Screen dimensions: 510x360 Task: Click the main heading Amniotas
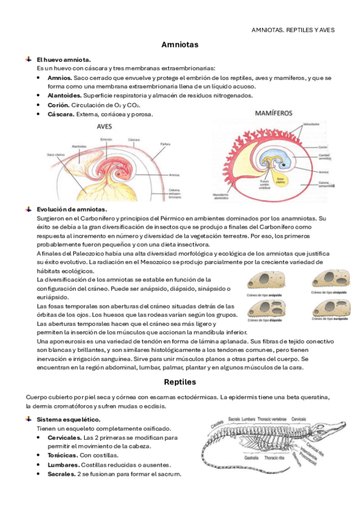(180, 45)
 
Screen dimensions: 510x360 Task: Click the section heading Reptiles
(180, 381)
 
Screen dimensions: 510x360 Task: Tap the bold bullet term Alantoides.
(64, 95)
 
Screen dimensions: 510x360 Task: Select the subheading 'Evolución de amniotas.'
(63, 209)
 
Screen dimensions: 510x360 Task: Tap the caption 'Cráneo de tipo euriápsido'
(327, 321)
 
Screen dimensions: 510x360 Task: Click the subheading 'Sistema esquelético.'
(69, 419)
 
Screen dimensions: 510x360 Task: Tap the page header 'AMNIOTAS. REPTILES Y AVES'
(293, 29)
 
